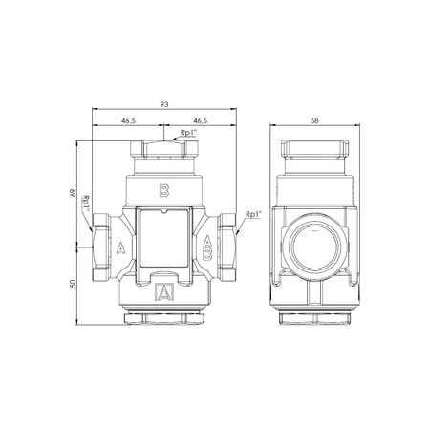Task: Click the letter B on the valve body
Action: point(164,189)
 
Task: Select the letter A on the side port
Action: point(120,249)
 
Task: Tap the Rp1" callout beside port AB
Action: point(253,215)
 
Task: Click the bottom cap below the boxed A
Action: point(164,316)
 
